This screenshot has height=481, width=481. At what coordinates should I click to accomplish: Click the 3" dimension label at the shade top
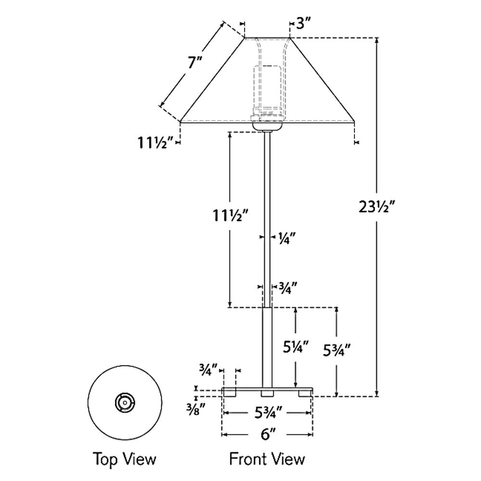point(304,23)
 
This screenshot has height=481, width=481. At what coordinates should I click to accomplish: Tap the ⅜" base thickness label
point(196,409)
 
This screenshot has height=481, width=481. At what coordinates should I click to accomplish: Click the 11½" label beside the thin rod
point(230,215)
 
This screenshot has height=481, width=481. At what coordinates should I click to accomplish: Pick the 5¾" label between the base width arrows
point(267,413)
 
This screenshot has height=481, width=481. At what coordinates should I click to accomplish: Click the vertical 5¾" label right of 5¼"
point(337,350)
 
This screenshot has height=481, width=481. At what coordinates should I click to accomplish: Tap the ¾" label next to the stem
point(288,288)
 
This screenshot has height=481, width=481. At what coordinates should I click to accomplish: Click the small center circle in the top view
point(125,403)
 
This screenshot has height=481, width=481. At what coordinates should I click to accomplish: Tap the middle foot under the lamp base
point(267,393)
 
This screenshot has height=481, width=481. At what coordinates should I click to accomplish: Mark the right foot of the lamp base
point(305,393)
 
